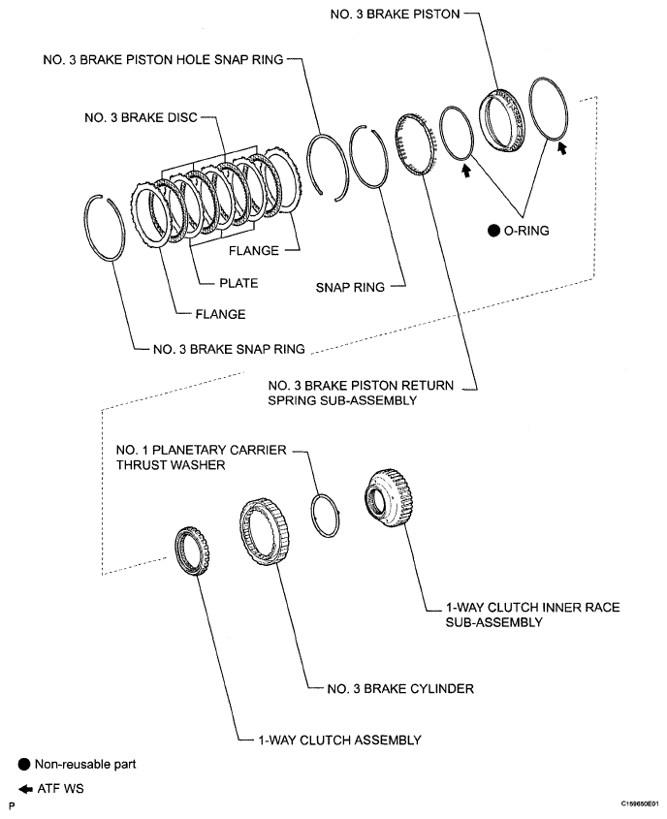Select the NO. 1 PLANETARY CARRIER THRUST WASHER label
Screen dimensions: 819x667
point(200,457)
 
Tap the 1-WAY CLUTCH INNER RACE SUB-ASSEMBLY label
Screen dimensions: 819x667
point(529,614)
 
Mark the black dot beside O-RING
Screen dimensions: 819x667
point(493,231)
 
